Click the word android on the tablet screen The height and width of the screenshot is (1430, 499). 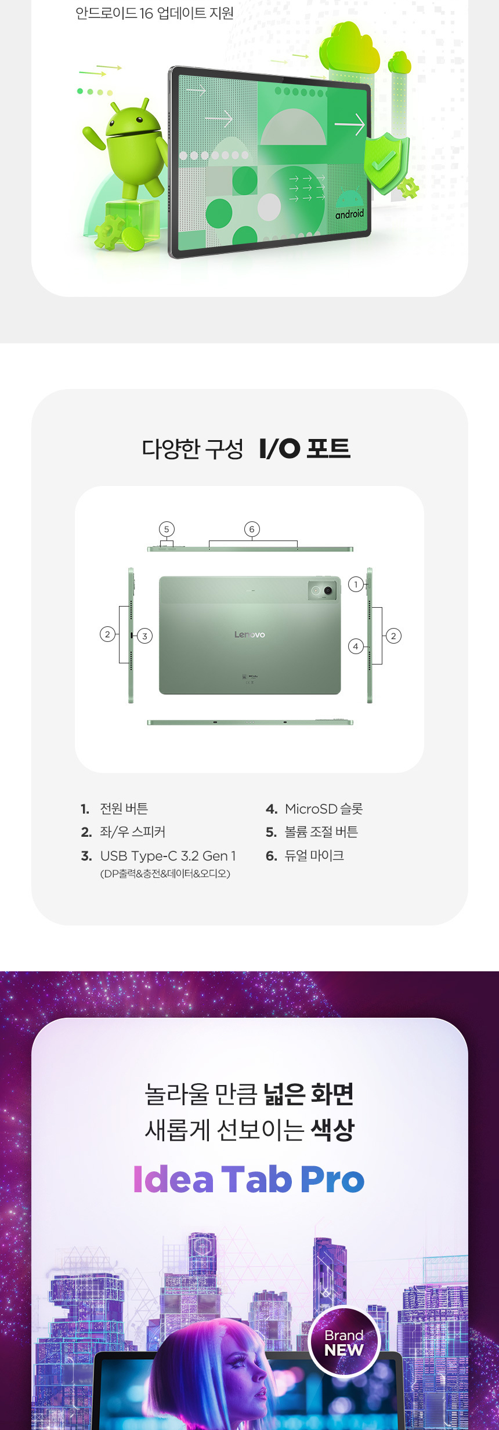coord(349,214)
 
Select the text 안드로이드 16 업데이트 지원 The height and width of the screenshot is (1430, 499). coord(154,13)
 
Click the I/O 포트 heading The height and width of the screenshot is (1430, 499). coord(305,448)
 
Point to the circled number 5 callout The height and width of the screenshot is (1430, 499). coord(167,529)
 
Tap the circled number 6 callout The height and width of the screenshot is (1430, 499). coord(251,529)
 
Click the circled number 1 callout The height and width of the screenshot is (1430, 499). coord(356,584)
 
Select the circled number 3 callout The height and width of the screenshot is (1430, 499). coord(144,636)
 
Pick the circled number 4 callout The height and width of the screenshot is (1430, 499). coord(356,646)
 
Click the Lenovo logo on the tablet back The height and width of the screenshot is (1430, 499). coord(249,634)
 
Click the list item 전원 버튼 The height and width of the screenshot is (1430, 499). coord(124,808)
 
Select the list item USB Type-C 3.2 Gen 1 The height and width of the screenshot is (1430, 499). coord(168,856)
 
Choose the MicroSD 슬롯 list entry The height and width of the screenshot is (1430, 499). coord(324,808)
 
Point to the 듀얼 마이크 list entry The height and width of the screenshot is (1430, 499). coord(314,855)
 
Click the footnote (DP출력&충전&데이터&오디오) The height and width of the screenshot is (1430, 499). coord(165,873)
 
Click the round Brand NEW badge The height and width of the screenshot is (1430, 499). coord(344,1342)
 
